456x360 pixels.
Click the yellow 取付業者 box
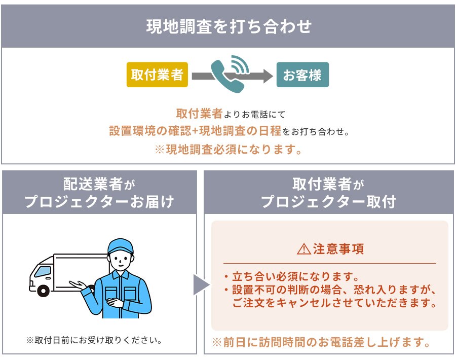point(157,75)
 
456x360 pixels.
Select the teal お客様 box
point(302,75)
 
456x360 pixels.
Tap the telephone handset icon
point(227,76)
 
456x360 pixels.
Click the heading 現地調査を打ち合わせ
point(229,26)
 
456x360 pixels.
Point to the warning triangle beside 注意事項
point(304,249)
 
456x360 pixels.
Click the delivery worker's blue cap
point(121,246)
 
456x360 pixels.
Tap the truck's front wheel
point(44,290)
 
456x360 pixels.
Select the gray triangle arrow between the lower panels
point(201,284)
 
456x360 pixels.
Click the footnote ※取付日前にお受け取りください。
point(94,340)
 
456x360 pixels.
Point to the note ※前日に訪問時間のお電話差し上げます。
point(321,342)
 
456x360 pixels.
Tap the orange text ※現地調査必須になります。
point(229,150)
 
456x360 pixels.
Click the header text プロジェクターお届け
point(99,201)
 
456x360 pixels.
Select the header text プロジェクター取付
point(329,201)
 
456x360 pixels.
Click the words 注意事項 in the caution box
point(338,249)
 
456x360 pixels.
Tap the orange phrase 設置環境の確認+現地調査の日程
point(195,131)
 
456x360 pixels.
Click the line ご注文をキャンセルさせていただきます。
point(334,303)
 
